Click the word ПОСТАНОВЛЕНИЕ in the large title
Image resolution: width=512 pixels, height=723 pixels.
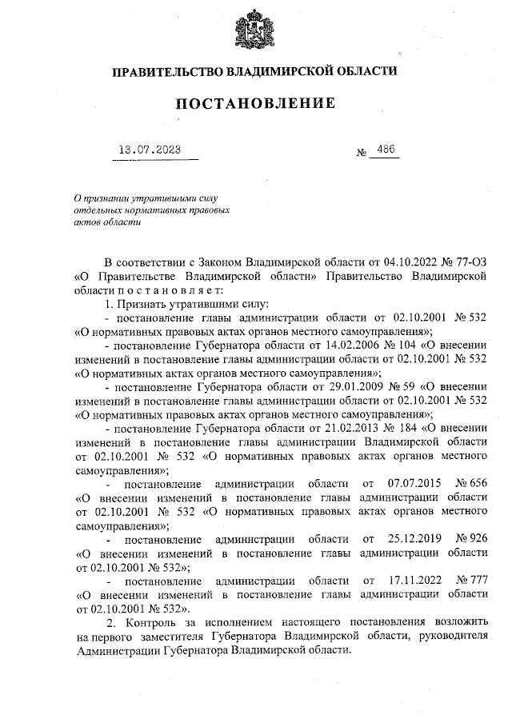click(x=254, y=103)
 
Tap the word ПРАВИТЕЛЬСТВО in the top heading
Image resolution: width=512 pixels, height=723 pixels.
click(x=164, y=71)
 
